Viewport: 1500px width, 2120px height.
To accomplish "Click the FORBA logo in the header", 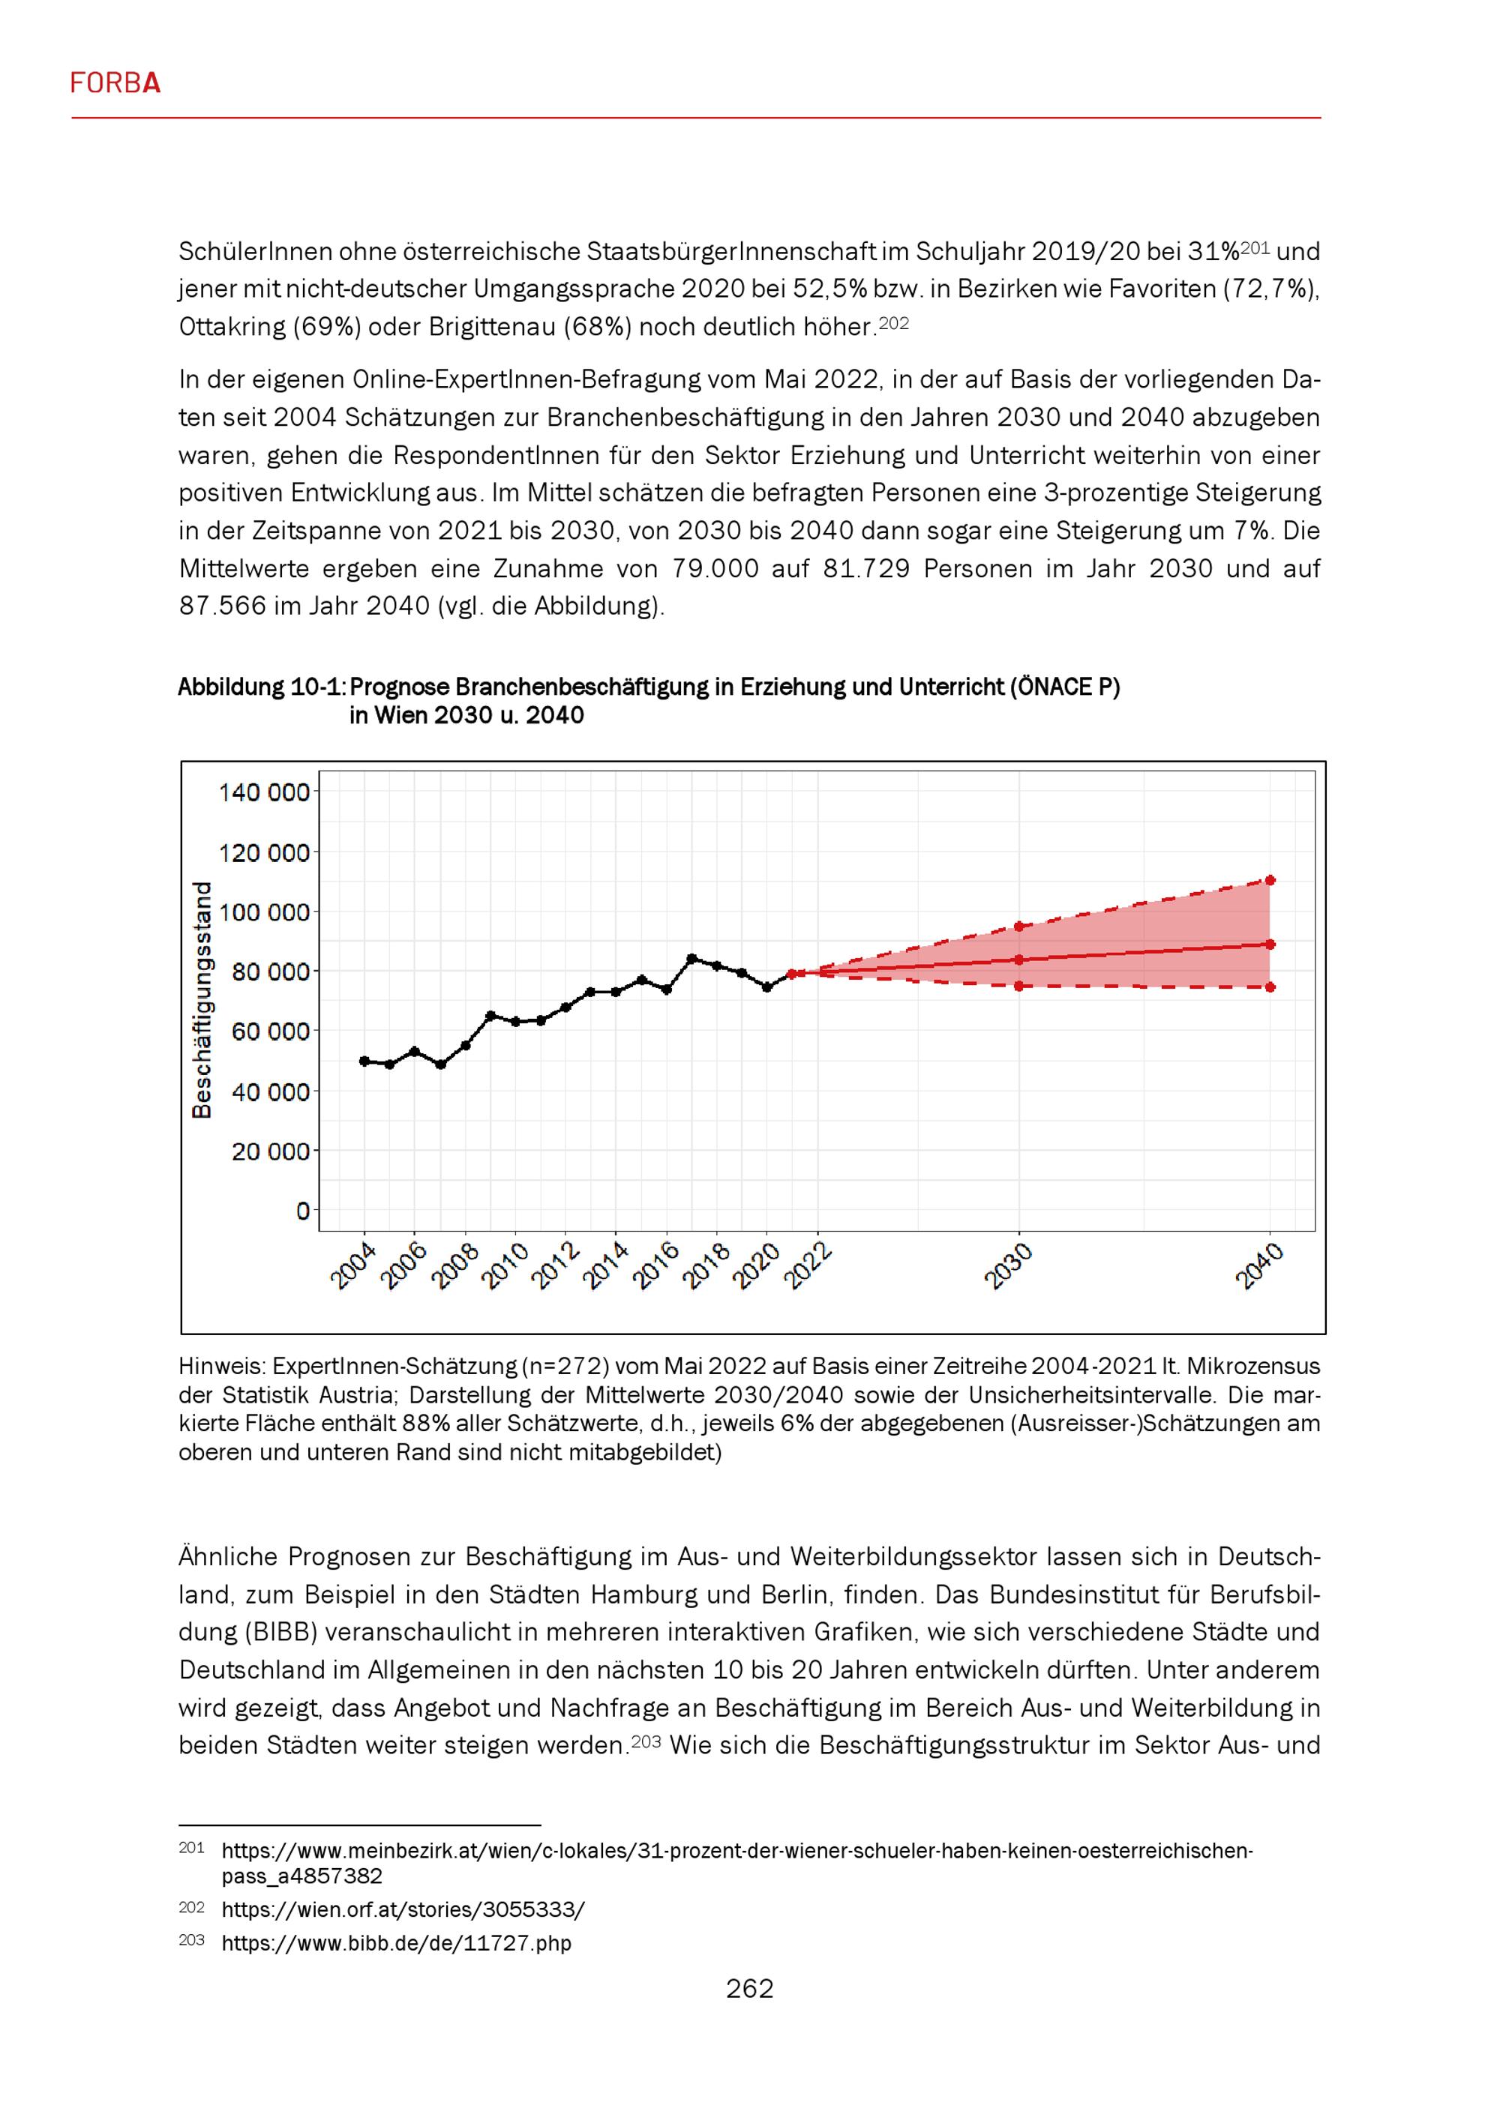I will point(115,84).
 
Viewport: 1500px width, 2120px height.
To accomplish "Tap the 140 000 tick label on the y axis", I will point(263,792).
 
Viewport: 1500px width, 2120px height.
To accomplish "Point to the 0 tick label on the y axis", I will point(303,1211).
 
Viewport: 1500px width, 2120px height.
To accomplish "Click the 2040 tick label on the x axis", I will point(1259,1267).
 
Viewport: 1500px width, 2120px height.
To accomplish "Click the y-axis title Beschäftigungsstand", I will point(201,1000).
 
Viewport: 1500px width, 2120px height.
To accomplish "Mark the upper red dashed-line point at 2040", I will point(1271,880).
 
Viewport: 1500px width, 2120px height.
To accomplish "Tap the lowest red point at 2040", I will point(1271,987).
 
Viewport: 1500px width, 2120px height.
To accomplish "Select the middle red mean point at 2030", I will point(1018,960).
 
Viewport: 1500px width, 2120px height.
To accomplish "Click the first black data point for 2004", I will point(364,1061).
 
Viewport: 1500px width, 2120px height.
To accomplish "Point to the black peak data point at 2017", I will point(691,959).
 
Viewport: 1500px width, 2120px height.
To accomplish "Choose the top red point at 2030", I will point(1018,926).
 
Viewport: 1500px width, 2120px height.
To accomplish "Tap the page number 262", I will point(749,1988).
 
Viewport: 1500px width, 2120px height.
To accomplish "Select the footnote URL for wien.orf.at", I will point(403,1909).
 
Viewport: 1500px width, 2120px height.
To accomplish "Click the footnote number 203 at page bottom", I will point(191,1940).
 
